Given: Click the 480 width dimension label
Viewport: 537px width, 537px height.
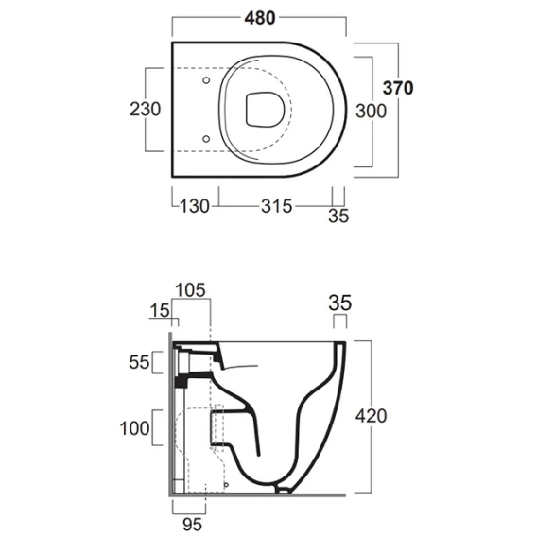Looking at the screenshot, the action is pos(260,18).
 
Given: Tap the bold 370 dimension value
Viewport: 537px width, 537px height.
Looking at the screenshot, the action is pos(398,88).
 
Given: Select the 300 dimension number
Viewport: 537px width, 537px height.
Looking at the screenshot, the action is pos(371,111).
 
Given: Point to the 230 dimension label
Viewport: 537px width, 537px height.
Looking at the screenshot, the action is pos(145,110).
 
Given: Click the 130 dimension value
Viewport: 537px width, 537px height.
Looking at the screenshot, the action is pos(194,206).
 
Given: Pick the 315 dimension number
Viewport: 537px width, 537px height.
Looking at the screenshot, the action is pos(277,206).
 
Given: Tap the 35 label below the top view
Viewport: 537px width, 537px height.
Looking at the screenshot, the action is pos(338,217).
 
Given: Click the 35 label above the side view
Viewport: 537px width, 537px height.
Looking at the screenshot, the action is pos(339,303).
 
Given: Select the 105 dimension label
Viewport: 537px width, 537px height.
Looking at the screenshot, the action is pos(190,290).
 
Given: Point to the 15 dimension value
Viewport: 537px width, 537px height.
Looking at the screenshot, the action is pos(160,311).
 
